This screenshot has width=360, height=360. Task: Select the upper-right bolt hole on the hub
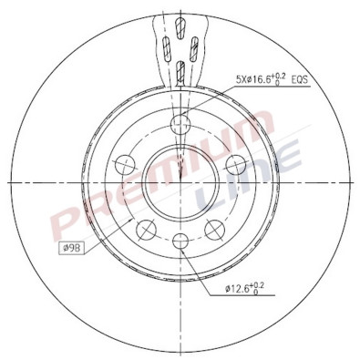coord(235,164)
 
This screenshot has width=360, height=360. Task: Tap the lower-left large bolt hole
coord(146,228)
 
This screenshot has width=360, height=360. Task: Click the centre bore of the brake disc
coord(180,182)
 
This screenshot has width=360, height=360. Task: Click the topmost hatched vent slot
coord(180,17)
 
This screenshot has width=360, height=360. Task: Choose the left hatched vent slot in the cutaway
coord(164,46)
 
